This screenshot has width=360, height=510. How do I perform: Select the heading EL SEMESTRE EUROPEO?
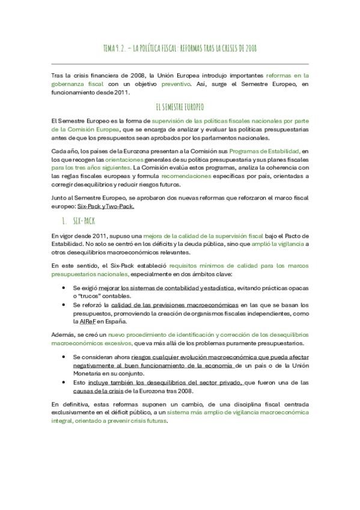(x=180, y=106)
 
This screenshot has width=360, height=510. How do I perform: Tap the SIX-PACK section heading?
(x=84, y=221)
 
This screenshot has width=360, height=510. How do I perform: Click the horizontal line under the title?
(x=180, y=63)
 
